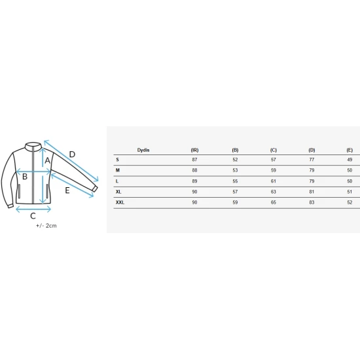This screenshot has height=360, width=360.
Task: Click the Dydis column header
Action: click(x=143, y=150)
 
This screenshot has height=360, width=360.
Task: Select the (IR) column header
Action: click(x=194, y=150)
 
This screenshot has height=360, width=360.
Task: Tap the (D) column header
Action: click(x=312, y=150)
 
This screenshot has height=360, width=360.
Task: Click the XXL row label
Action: click(x=120, y=202)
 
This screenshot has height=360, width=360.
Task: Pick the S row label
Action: click(x=117, y=160)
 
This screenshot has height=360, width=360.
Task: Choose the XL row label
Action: click(x=118, y=192)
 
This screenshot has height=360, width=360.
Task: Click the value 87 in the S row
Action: click(x=194, y=160)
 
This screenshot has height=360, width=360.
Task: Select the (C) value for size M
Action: click(x=273, y=170)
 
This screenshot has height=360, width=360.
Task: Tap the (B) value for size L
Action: click(x=235, y=181)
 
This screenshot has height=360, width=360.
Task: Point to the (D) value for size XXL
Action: click(x=312, y=202)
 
